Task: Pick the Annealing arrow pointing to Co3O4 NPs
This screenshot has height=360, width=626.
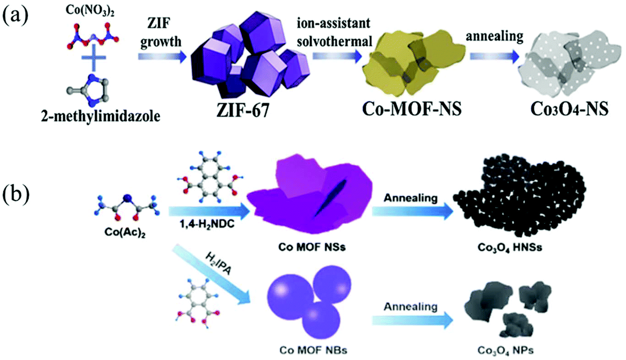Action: [412, 320]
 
